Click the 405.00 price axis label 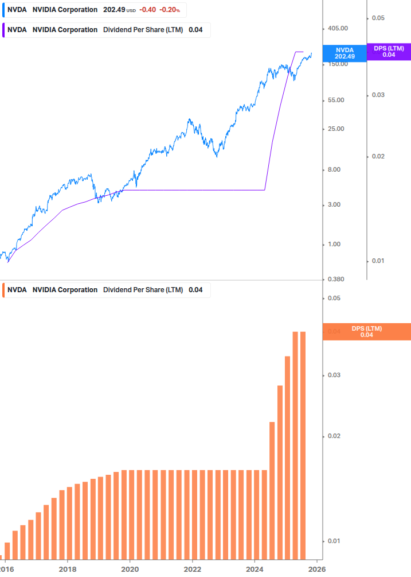(x=338, y=28)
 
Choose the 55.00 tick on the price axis (x=336, y=100)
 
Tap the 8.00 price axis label (x=334, y=169)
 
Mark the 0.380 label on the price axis (x=336, y=279)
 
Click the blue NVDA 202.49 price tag (x=345, y=53)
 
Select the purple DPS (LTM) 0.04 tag (x=389, y=52)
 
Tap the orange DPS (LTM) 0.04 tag (x=367, y=332)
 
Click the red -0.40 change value (x=148, y=10)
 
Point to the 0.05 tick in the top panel (x=378, y=18)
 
